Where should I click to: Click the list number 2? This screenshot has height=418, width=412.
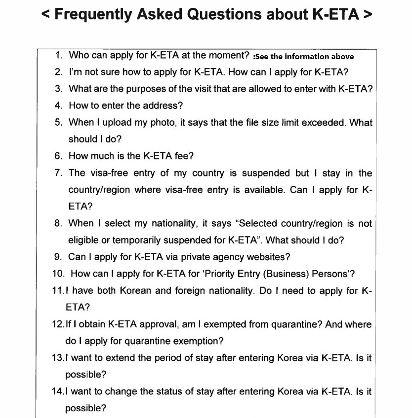(x=58, y=72)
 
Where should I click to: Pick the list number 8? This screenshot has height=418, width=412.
(x=58, y=223)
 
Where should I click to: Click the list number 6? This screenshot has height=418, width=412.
(x=58, y=156)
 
